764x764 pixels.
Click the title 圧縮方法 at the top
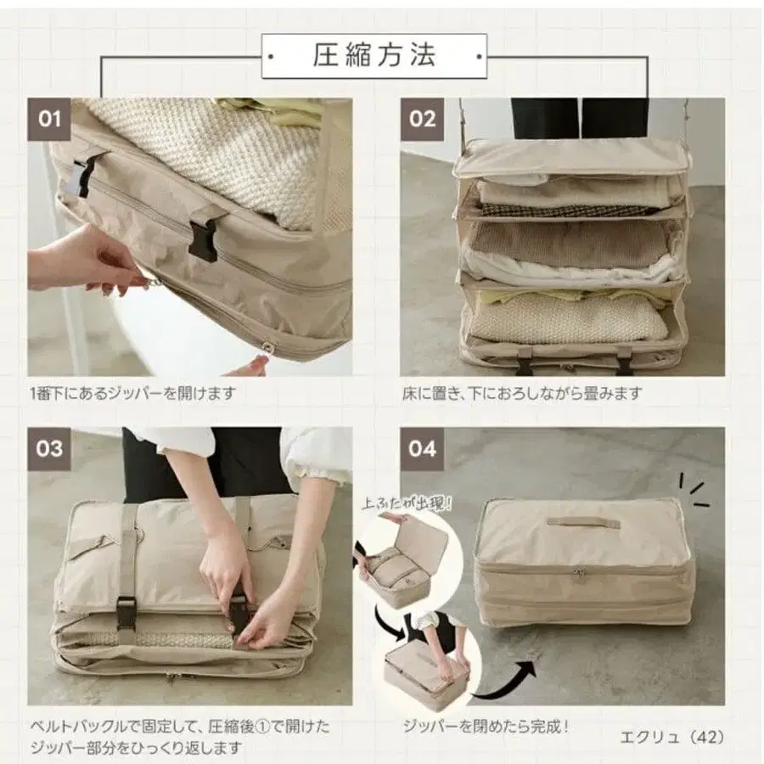[x=374, y=56]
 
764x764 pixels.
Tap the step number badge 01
[x=49, y=118]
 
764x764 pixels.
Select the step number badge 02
[x=422, y=118]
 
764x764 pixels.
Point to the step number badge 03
[x=49, y=447]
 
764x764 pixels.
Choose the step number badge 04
[x=422, y=447]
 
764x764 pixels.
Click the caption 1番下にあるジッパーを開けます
[x=132, y=394]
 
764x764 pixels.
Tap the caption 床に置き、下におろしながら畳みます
[x=522, y=394]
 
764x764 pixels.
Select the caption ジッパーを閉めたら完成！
[x=486, y=727]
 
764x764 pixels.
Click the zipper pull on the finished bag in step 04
[x=579, y=575]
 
